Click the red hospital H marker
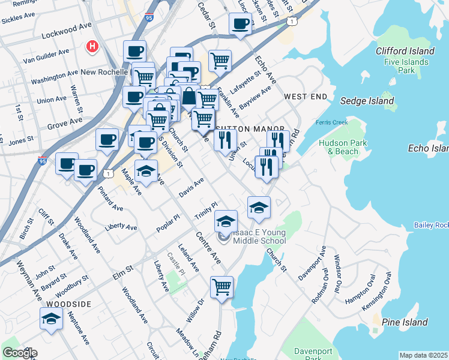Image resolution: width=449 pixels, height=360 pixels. (92, 46)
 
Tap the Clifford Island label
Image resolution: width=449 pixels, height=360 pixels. (405, 51)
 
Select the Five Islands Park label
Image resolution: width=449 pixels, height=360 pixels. (406, 66)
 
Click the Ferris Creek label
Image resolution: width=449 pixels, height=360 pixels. (331, 123)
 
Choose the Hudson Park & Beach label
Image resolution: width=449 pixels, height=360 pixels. (339, 147)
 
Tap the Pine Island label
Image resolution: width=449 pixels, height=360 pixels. (405, 322)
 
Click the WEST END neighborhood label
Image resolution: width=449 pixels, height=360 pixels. (306, 97)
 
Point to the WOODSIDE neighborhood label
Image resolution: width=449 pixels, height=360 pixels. (68, 304)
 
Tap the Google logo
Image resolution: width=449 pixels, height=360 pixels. (19, 353)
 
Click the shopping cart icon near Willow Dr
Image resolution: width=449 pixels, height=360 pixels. (221, 287)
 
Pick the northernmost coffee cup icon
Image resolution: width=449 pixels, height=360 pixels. (240, 25)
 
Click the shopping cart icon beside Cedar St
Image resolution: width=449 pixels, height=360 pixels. (220, 60)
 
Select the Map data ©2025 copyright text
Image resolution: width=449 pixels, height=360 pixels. (423, 355)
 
